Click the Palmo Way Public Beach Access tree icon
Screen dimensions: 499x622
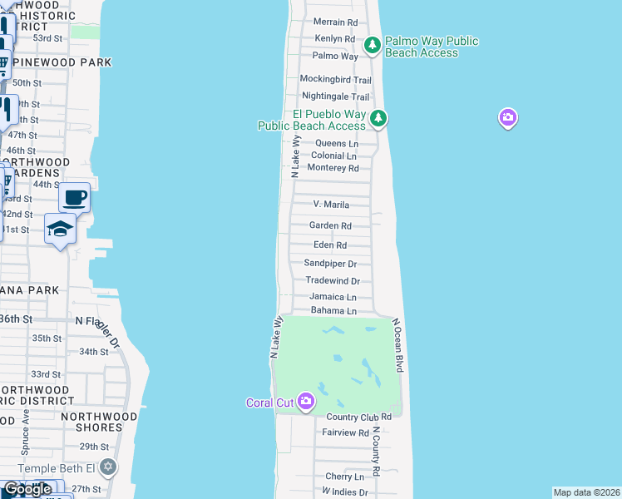pos(372,44)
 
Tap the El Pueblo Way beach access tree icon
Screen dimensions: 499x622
pos(378,118)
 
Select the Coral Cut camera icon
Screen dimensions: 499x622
pos(306,403)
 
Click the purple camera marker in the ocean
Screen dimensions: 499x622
pos(508,118)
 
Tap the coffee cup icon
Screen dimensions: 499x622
pos(75,197)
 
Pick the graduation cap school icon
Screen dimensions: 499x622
pos(60,228)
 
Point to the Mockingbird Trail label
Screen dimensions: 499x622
pos(335,80)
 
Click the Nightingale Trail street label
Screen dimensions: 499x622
pos(335,97)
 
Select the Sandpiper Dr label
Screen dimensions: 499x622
pos(330,264)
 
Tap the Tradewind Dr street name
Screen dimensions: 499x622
pos(333,281)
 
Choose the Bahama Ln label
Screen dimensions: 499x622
pos(333,311)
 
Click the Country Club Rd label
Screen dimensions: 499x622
pos(359,417)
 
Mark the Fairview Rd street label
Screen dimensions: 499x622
pos(345,432)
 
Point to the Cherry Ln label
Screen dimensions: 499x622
pos(344,477)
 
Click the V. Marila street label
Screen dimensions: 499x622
pos(331,205)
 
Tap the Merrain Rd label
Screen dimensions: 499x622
pos(335,22)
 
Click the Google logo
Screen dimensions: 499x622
pos(27,489)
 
